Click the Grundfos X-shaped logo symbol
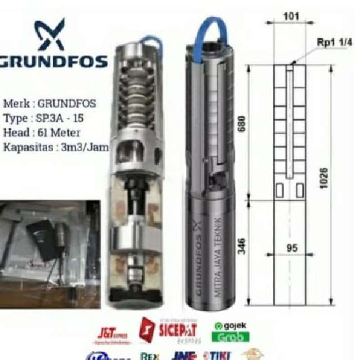[x=52, y=34]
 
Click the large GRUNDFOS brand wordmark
[x=53, y=61]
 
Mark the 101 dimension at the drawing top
[x=291, y=17]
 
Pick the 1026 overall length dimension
[x=324, y=179]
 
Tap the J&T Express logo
[x=112, y=335]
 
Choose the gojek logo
[x=230, y=326]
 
